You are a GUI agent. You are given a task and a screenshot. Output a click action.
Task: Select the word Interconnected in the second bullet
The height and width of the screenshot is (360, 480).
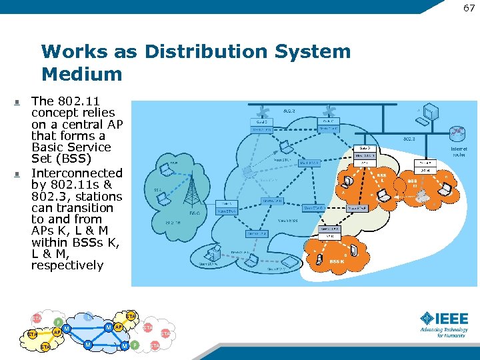pos(77,173)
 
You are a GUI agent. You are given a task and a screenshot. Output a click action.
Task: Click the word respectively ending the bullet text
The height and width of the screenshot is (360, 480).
pos(67,265)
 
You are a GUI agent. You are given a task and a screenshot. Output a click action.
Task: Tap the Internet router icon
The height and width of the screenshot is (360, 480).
pos(459,134)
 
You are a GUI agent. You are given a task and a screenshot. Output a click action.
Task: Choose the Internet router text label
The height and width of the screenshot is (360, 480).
pos(459,151)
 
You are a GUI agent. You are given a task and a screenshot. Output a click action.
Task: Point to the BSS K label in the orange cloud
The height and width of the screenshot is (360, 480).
pos(337,262)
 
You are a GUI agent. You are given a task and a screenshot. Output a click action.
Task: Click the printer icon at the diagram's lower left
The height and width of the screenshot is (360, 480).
pos(213,254)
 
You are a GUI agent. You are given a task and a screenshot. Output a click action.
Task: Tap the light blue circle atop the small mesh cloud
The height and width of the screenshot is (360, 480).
pos(89,317)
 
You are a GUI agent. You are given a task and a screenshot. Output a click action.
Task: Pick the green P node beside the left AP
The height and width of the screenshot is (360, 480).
pos(58,322)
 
